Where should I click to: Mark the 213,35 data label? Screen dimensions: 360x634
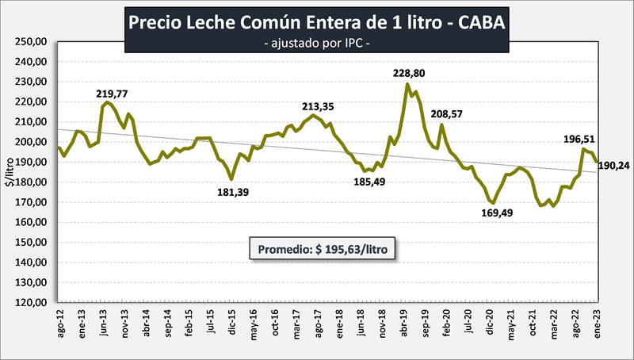click(x=322, y=106)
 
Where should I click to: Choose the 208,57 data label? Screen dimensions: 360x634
click(x=449, y=114)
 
